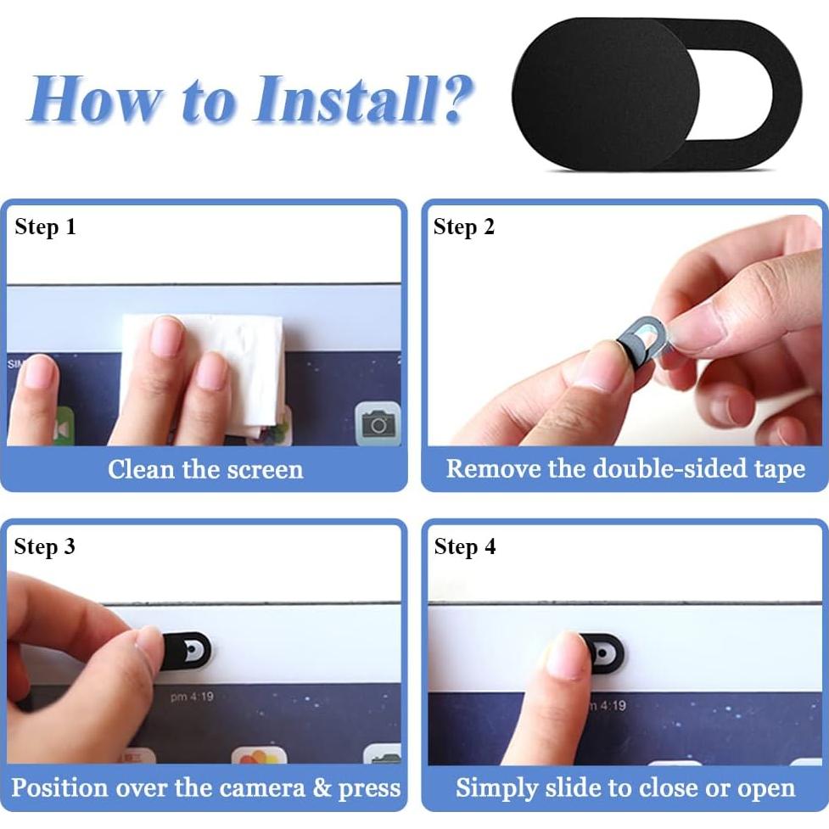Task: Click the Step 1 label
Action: coord(46,227)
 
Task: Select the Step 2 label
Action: coord(463,227)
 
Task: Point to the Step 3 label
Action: coord(45,546)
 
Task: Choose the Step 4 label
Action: coord(465,546)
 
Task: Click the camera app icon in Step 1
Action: coord(378,423)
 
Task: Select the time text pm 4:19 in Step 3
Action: coord(192,697)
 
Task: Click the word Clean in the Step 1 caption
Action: coord(141,469)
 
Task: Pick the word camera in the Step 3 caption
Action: coord(262,787)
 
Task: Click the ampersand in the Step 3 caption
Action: coord(322,787)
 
